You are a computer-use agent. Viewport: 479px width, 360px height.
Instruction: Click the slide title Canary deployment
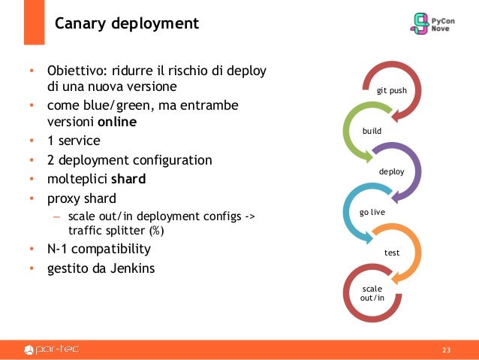point(127,24)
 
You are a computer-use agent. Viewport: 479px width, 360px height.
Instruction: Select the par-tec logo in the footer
point(52,349)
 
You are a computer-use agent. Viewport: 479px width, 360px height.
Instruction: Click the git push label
point(391,90)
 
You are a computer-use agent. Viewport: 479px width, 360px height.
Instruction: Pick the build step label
point(372,131)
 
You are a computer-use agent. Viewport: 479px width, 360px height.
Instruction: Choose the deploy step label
point(391,171)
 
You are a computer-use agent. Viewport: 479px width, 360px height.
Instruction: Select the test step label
point(391,253)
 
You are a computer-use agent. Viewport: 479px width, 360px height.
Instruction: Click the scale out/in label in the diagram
point(372,293)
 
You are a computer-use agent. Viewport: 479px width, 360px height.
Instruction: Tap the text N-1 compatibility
point(99,249)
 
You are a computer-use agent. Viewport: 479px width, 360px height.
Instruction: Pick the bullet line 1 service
point(74,141)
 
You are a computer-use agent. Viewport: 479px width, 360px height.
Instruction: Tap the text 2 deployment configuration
point(130,160)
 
